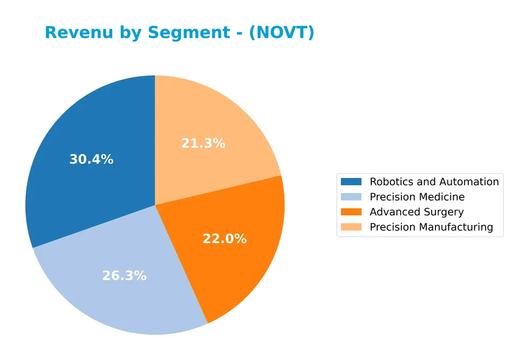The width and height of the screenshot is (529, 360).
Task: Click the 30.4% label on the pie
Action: (91, 159)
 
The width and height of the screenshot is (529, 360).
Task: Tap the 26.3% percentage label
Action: (124, 276)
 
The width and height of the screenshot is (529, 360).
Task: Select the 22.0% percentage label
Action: (224, 239)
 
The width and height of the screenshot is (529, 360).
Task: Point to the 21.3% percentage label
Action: (203, 143)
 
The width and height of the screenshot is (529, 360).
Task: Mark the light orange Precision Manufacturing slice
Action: (212, 116)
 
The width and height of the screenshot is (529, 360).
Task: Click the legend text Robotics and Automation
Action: (434, 182)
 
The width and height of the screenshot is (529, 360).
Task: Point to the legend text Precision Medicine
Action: (417, 197)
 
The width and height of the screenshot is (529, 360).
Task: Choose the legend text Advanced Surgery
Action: (416, 212)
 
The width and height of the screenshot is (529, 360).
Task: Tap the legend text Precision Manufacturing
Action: (431, 227)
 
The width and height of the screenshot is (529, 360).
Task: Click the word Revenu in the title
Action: (76, 33)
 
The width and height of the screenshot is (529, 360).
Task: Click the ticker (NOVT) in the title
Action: (281, 33)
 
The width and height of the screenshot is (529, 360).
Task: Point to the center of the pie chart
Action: (155, 205)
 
